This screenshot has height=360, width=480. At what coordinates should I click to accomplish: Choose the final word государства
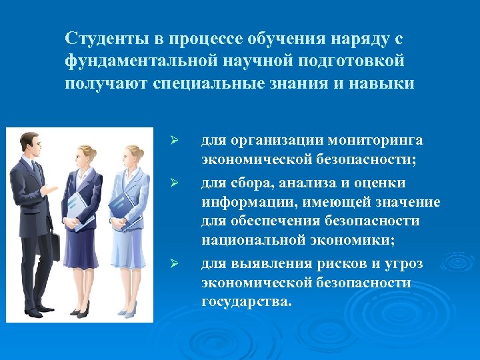click(246, 301)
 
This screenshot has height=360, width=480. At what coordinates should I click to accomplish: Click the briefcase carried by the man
click(55, 247)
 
